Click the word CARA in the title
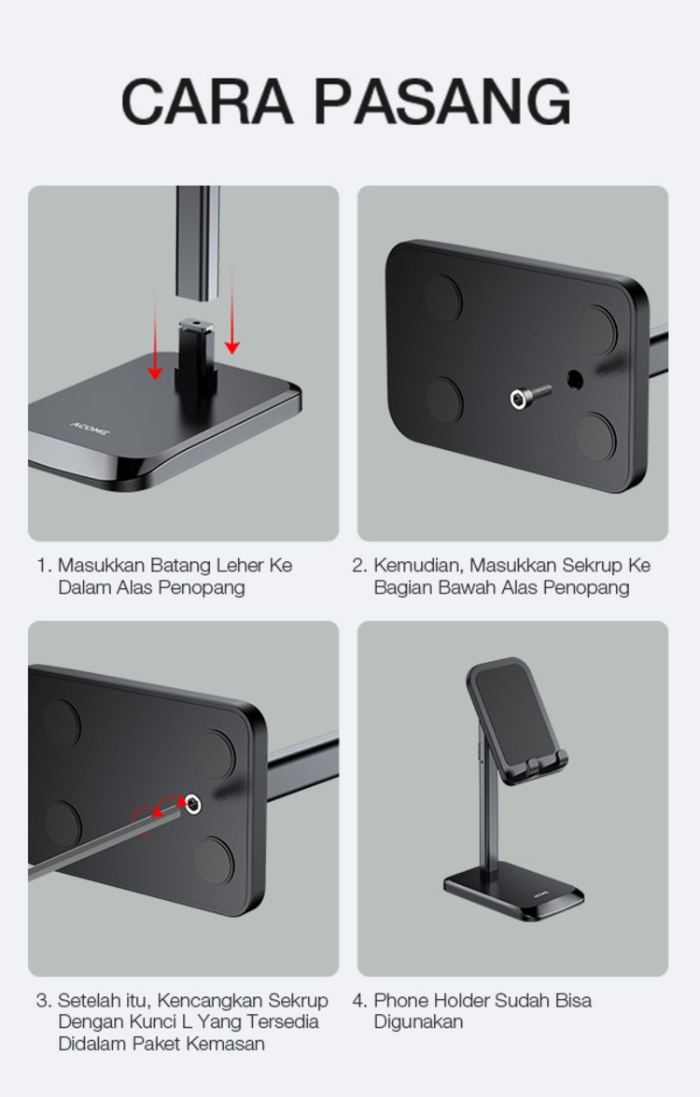point(207,102)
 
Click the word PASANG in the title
point(443,102)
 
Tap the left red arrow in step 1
point(155,337)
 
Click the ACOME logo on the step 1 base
point(91,428)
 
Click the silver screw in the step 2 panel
point(529,397)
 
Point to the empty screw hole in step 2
point(575,380)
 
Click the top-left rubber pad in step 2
point(442,297)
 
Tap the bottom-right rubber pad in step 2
point(595,437)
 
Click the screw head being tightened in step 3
point(191,804)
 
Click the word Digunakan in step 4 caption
point(418,1021)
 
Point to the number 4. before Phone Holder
point(359,1001)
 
